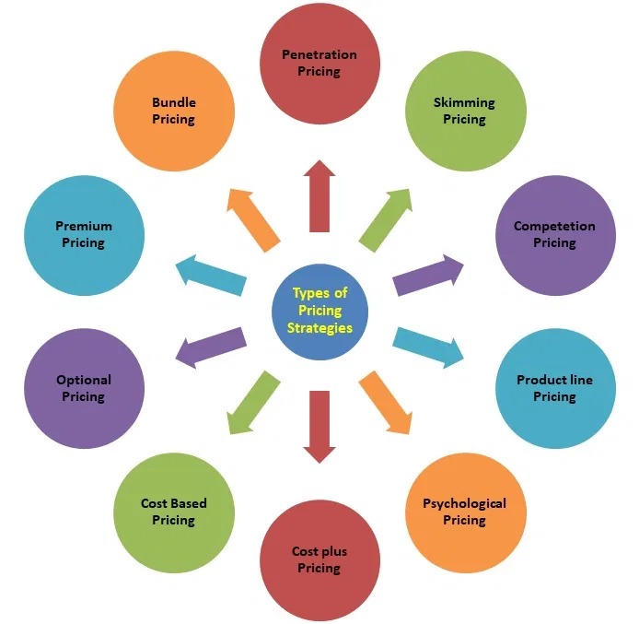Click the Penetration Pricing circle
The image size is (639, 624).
coord(319,64)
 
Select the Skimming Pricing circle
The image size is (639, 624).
coord(464,112)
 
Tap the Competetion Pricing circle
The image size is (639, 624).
coord(554,235)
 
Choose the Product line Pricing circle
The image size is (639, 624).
coord(554,388)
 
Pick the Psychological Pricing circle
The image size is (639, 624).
coord(464,512)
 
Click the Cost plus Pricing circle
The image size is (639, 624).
coord(319,560)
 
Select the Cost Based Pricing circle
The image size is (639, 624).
coord(173,512)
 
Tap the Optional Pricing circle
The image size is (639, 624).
coord(84,388)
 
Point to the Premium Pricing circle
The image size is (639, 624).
coord(84,235)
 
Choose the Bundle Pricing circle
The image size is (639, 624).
coord(174,112)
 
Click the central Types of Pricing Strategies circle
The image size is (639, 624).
coord(319,311)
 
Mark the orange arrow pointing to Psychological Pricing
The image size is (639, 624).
coord(386,402)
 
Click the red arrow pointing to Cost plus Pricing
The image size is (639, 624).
coord(319,426)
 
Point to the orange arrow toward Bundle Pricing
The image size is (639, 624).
coord(253,218)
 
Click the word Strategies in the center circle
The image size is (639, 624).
coord(319,327)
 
